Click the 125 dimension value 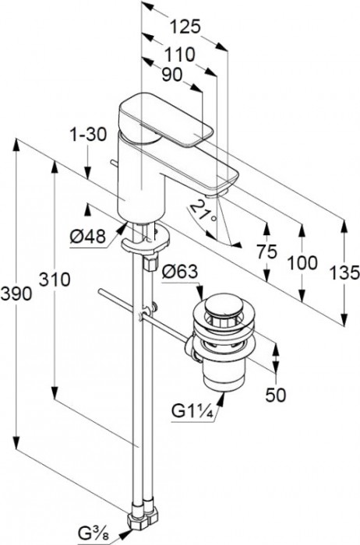185,27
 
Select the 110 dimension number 179,55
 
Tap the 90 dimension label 172,75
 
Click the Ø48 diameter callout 87,237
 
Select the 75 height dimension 266,251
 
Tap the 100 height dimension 302,263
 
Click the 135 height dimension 344,272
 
